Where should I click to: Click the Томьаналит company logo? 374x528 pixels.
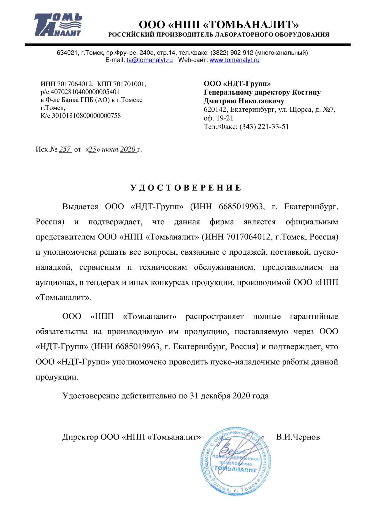58,25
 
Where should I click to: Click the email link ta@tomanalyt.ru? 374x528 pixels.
150,60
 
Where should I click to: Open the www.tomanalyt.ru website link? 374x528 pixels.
234,60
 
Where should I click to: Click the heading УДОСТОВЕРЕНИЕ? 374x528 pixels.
186,188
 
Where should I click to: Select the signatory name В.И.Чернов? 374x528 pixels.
298,437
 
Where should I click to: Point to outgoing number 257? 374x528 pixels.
65,149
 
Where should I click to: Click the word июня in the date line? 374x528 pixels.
110,149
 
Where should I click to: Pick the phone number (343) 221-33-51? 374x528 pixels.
264,127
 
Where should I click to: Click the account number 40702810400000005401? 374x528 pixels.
85,92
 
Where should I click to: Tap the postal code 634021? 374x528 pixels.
67,53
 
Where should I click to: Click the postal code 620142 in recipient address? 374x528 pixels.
215,110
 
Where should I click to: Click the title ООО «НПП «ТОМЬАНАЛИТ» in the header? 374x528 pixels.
219,25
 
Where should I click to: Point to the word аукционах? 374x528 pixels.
55,282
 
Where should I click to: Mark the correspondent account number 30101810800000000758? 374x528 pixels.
86,116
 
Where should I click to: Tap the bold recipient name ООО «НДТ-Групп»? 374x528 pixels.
237,84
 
